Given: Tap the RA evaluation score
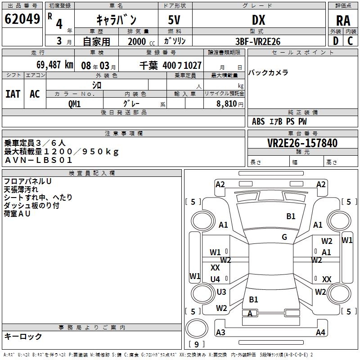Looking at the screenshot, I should click(343, 20).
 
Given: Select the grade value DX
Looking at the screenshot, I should click(258, 20).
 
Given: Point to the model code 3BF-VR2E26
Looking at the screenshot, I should click(258, 41).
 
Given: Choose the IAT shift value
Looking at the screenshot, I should click(13, 94).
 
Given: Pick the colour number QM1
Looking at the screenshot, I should click(74, 103).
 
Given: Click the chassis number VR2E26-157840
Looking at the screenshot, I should click(302, 143).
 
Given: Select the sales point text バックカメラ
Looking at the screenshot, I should click(269, 72).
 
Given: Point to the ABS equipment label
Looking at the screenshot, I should click(258, 121).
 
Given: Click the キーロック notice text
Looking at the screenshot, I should click(23, 336).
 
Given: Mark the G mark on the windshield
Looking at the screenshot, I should click(284, 237).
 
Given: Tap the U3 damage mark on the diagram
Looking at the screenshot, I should click(221, 292).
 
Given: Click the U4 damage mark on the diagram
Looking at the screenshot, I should click(215, 279).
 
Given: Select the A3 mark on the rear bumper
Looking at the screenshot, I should click(220, 333).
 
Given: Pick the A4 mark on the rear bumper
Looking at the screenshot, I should click(320, 333).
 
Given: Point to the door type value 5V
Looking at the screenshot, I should click(175, 20).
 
